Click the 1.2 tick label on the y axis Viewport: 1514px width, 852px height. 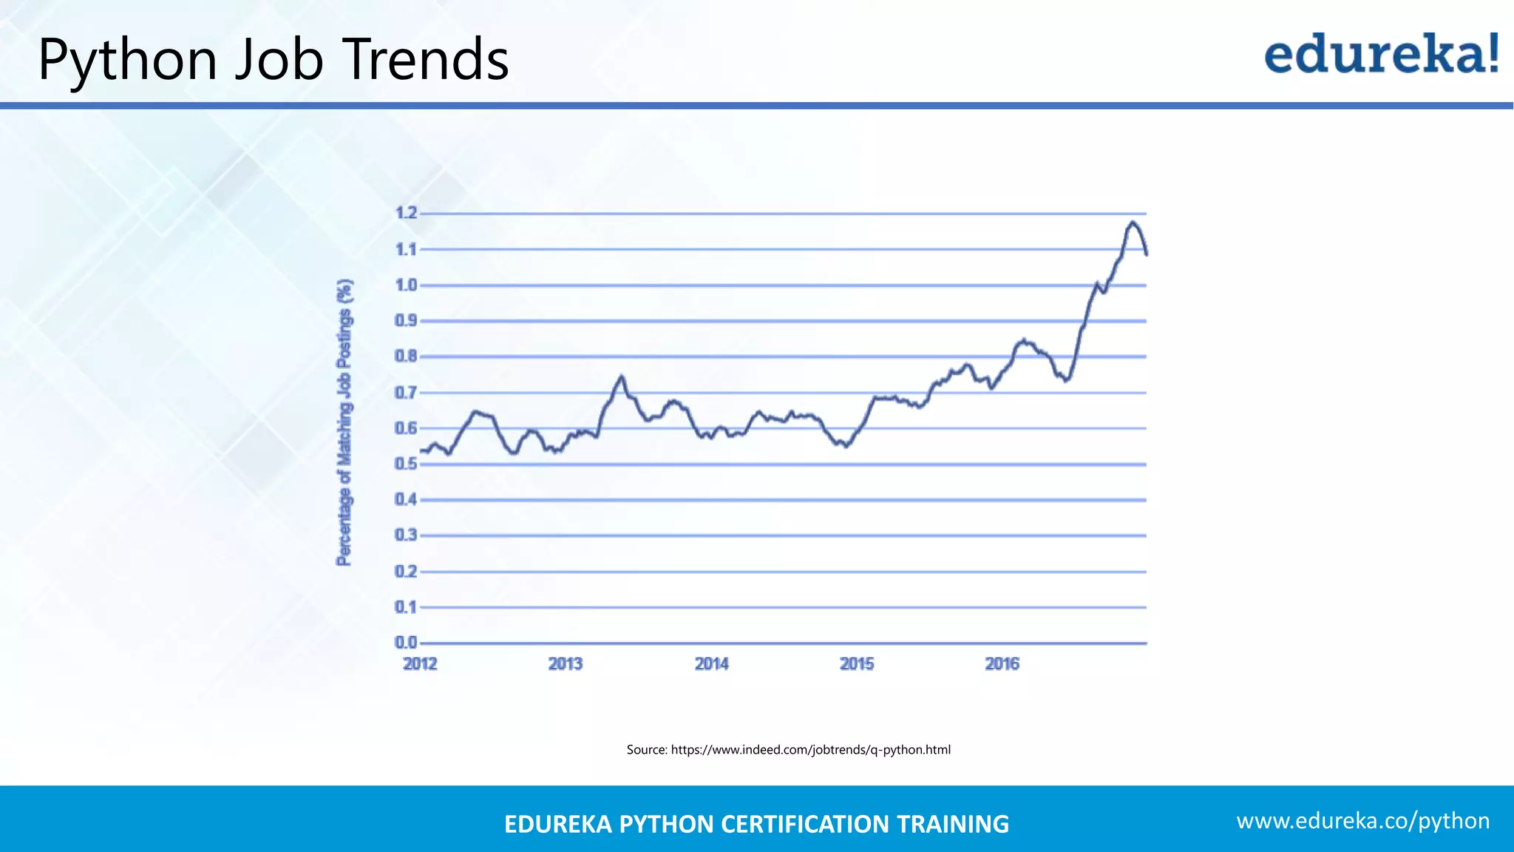(406, 214)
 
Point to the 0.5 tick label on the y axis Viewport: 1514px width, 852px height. (406, 464)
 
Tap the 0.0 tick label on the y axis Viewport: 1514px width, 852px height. (406, 643)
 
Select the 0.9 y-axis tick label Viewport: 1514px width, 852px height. (406, 321)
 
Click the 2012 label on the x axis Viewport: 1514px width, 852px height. (420, 664)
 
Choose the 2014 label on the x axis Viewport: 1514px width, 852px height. (711, 664)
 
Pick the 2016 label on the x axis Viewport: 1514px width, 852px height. (1002, 664)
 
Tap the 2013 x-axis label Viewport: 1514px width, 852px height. (566, 664)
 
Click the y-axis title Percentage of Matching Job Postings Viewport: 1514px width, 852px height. (344, 423)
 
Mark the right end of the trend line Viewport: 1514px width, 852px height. (1147, 254)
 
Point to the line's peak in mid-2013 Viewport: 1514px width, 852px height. (622, 376)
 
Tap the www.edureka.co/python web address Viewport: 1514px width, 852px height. (1362, 821)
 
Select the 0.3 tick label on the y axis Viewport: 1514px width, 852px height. (406, 535)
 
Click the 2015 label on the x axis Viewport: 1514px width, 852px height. (857, 664)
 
